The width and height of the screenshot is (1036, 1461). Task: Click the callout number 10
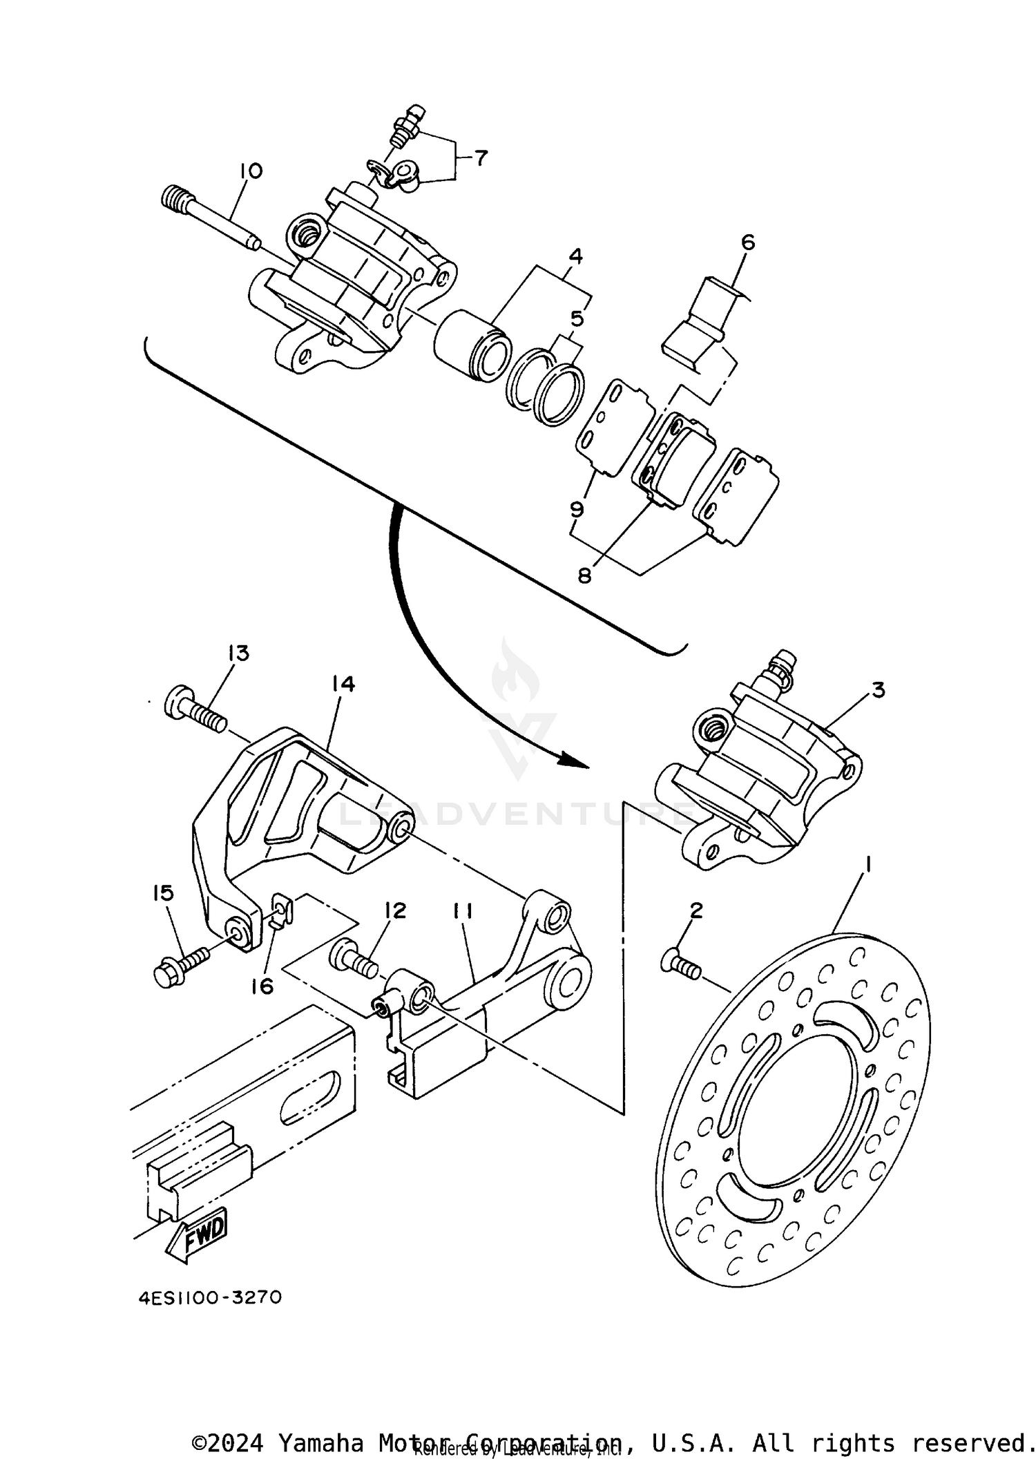pyautogui.click(x=251, y=171)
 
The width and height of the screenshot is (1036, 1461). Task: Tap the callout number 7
pyautogui.click(x=479, y=159)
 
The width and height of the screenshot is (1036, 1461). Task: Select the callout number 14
pyautogui.click(x=342, y=684)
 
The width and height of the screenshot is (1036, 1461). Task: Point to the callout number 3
pyautogui.click(x=877, y=690)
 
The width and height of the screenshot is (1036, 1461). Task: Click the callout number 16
pyautogui.click(x=262, y=986)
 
